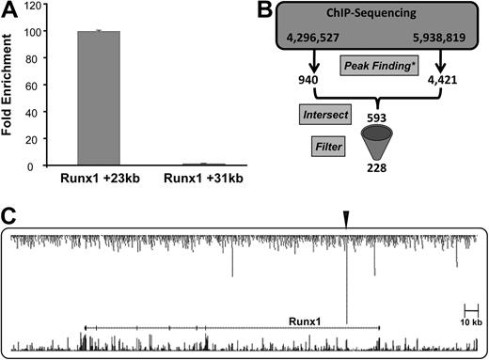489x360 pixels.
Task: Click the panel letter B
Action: (261, 11)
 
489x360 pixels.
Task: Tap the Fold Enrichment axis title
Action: (11, 86)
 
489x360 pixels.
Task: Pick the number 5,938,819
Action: (437, 42)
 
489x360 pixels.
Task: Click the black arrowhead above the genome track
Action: (346, 218)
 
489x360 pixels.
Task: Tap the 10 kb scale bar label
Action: (471, 322)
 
